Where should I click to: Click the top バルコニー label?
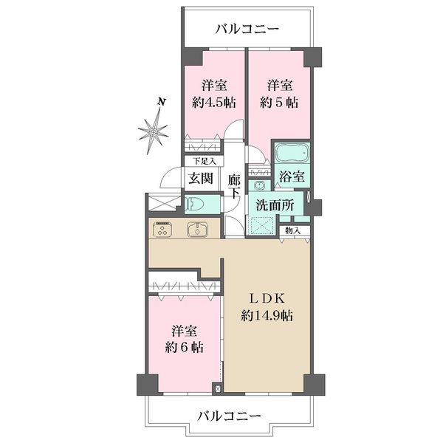[x=247, y=29]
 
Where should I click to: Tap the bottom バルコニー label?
[x=229, y=416]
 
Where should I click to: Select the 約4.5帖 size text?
[x=214, y=103]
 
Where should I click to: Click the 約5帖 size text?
[x=279, y=103]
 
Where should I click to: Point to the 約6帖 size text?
[x=184, y=348]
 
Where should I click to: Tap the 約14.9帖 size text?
[x=267, y=315]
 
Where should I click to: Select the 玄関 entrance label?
[x=201, y=178]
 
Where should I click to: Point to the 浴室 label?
[x=292, y=176]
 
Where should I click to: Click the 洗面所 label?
[x=275, y=205]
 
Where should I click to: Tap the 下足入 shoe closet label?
[x=205, y=162]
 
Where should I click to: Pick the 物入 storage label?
[x=292, y=230]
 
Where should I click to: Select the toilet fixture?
[x=195, y=205]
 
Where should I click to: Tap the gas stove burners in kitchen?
[x=162, y=229]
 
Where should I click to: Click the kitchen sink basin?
[x=197, y=230]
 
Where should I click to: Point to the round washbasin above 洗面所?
[x=259, y=186]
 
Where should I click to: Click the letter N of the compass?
[x=161, y=102]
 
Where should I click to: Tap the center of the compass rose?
[x=154, y=131]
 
